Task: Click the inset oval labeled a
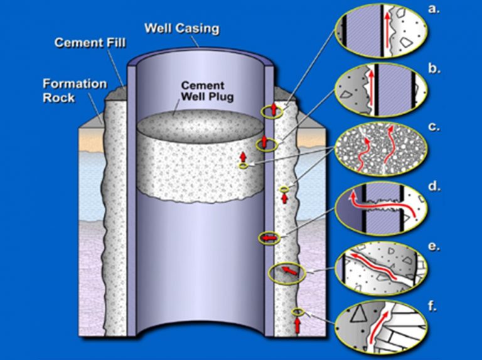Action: tap(381, 28)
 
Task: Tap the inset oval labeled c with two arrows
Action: tap(381, 148)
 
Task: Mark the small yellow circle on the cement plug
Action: tap(242, 166)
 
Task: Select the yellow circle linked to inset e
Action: tap(286, 273)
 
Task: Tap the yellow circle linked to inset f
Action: tap(297, 312)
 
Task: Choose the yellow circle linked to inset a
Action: tap(272, 112)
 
